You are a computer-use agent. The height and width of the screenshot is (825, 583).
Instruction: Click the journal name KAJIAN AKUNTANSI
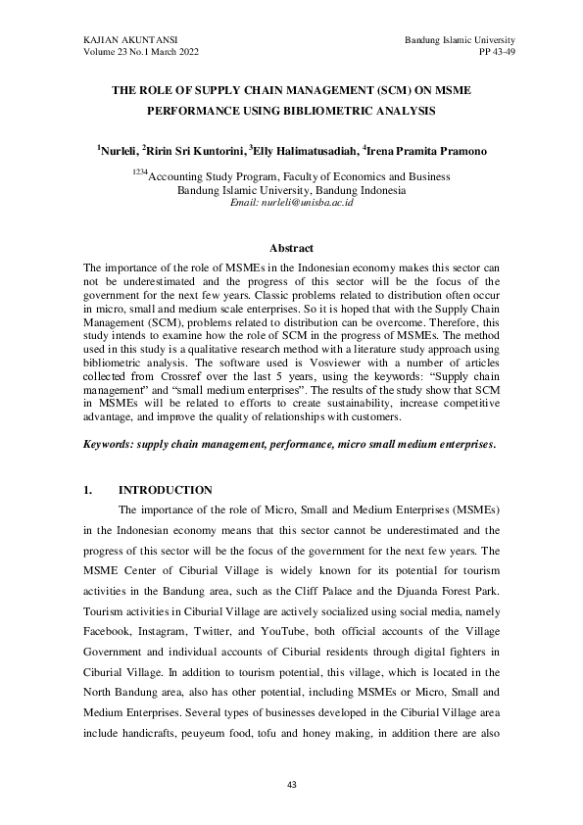tap(122, 37)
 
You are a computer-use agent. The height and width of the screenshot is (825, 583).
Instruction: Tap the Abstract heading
tap(291, 250)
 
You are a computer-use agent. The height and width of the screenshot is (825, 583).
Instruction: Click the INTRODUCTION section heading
tap(165, 490)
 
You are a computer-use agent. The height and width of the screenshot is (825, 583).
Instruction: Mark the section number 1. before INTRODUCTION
tap(88, 490)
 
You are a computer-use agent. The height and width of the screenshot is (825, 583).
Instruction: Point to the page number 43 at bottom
tap(291, 785)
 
